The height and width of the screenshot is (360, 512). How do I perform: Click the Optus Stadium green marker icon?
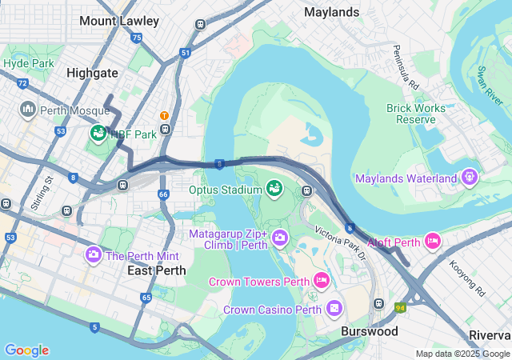pos(274,188)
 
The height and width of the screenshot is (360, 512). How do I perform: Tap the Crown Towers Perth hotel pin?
pos(321,279)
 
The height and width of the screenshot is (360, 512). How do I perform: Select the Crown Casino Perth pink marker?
pos(334,307)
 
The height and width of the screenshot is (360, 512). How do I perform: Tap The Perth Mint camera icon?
pos(93,254)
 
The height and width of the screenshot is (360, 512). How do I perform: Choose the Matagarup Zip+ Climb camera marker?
pos(280,237)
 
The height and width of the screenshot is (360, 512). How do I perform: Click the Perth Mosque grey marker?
pos(29,108)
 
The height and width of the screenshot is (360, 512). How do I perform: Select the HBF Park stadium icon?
pos(98,133)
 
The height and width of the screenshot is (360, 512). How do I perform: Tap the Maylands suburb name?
pos(332,12)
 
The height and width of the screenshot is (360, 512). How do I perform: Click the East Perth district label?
pos(157,270)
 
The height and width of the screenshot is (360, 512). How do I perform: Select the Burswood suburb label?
pos(369,330)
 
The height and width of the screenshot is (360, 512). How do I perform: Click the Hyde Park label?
pos(28,62)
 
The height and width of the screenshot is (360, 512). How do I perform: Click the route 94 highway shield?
pos(399,306)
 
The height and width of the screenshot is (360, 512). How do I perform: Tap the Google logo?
pos(26,350)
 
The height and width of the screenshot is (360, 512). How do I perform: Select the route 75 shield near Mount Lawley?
pos(137,38)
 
